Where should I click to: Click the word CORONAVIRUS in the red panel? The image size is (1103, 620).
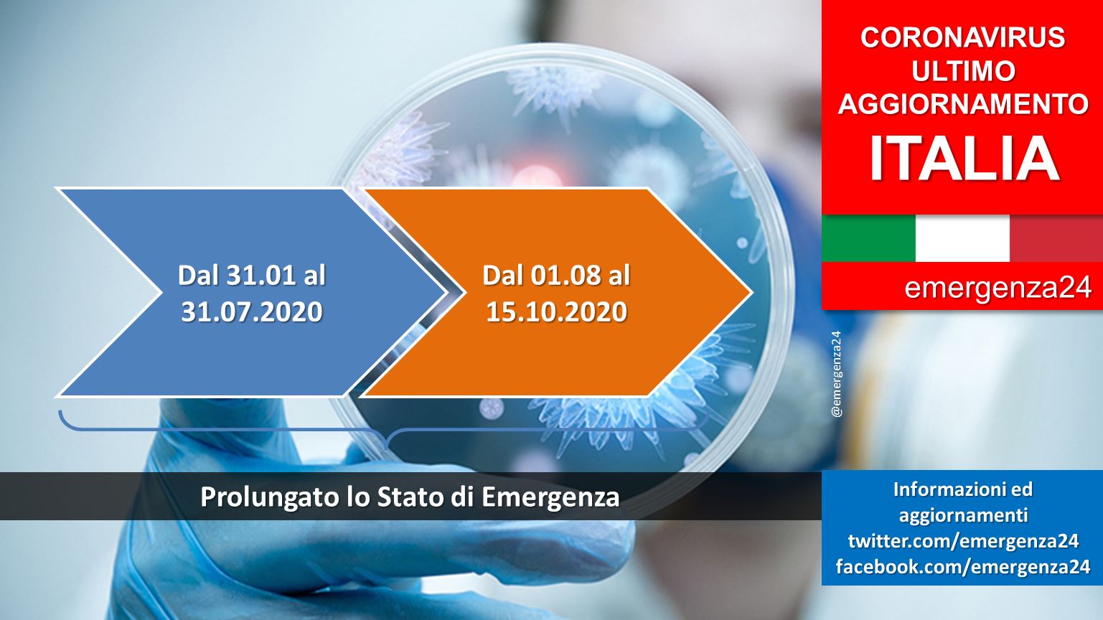pyautogui.click(x=962, y=37)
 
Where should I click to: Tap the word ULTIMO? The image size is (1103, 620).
pyautogui.click(x=963, y=71)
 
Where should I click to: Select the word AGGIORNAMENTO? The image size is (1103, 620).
pyautogui.click(x=963, y=104)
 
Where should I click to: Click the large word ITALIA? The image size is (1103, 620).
pyautogui.click(x=964, y=159)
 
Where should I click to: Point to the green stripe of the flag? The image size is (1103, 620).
pyautogui.click(x=868, y=238)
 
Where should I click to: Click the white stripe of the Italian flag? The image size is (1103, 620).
pyautogui.click(x=962, y=238)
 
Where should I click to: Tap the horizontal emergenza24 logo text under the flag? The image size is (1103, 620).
pyautogui.click(x=998, y=288)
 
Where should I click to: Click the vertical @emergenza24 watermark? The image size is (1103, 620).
pyautogui.click(x=836, y=375)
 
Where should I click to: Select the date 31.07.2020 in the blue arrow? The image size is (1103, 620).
pyautogui.click(x=252, y=311)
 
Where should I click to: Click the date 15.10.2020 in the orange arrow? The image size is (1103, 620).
pyautogui.click(x=556, y=311)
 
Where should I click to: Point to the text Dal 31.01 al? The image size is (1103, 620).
pyautogui.click(x=252, y=275)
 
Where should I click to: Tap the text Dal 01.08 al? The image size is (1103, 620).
pyautogui.click(x=556, y=275)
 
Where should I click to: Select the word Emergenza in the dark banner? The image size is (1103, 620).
pyautogui.click(x=550, y=498)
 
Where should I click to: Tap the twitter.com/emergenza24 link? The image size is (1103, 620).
pyautogui.click(x=963, y=541)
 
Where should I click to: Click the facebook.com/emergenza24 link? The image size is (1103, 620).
pyautogui.click(x=963, y=567)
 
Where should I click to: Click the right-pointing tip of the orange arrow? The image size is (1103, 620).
pyautogui.click(x=752, y=293)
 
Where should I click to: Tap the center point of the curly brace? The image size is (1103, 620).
pyautogui.click(x=387, y=447)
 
